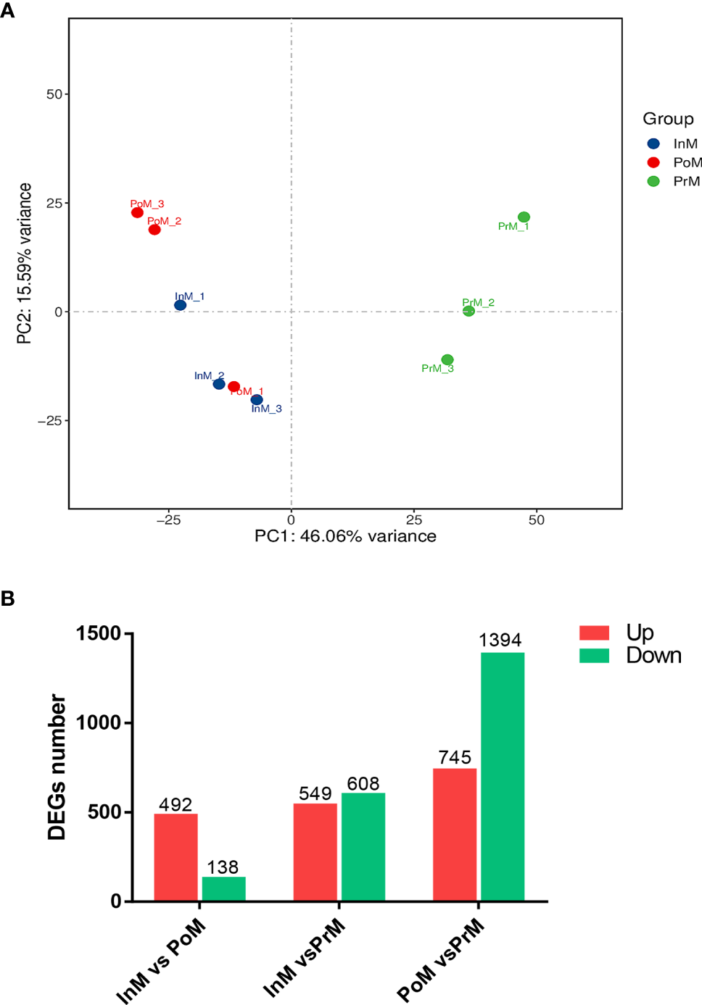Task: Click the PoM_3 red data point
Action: coord(137,212)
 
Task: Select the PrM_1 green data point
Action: coord(524,217)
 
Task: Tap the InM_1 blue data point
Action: coord(181,305)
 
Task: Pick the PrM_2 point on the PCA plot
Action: coord(468,311)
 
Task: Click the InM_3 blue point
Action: coord(257,400)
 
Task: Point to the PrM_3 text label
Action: coord(437,369)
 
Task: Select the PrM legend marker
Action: coord(653,181)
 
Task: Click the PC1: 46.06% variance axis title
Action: coord(345,536)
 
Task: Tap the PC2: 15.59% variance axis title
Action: coord(25,263)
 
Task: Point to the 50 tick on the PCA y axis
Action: coord(54,94)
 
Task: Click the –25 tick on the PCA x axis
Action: coord(168,520)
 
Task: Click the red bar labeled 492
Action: coord(175,857)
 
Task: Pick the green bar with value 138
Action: coord(223,889)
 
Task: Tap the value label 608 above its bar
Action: coord(363,784)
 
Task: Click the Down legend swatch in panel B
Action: coord(594,656)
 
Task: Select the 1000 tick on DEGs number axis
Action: coord(99,722)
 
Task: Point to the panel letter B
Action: coord(8,599)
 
